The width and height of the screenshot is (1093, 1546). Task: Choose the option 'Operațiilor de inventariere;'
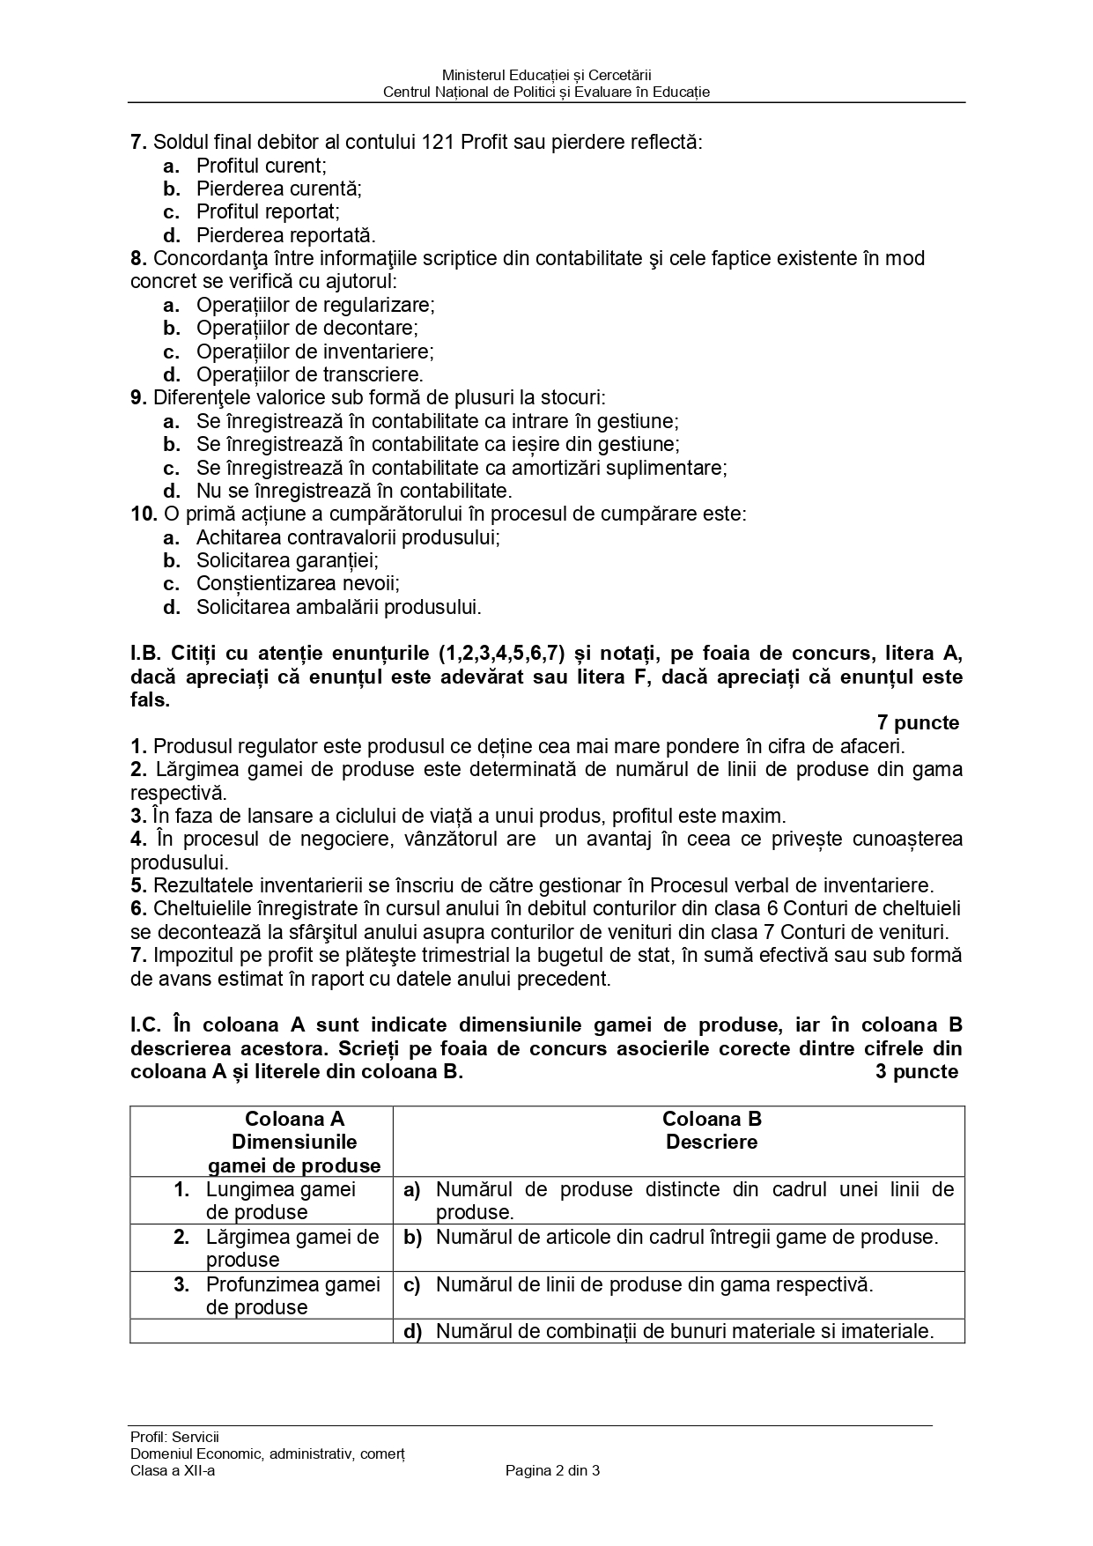pyautogui.click(x=314, y=351)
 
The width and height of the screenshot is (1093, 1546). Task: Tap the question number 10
pyautogui.click(x=144, y=514)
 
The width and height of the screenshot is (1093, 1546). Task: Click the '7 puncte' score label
pyautogui.click(x=918, y=723)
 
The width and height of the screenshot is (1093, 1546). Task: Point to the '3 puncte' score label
pyautogui.click(x=917, y=1071)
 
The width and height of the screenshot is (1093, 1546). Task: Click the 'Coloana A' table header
pyautogui.click(x=294, y=1119)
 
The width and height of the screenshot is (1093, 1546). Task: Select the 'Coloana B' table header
pyautogui.click(x=712, y=1119)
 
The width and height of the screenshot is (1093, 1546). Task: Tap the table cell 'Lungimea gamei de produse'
pyautogui.click(x=280, y=1200)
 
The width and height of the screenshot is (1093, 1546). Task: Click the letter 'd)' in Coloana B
pyautogui.click(x=412, y=1331)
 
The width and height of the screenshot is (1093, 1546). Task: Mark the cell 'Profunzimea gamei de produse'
pyautogui.click(x=292, y=1295)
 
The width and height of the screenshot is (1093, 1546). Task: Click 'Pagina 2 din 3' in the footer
pyautogui.click(x=552, y=1469)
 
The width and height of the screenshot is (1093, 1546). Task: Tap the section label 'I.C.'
pyautogui.click(x=147, y=1025)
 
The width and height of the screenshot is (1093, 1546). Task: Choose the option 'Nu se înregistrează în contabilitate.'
pyautogui.click(x=353, y=491)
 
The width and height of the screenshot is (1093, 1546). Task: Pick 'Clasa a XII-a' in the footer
pyautogui.click(x=173, y=1469)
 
